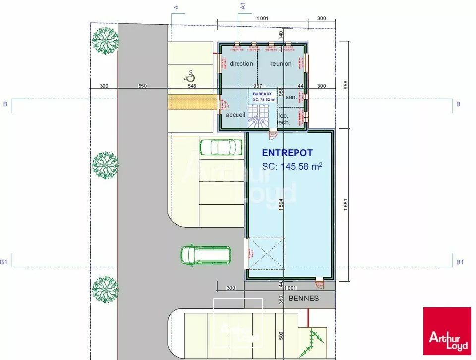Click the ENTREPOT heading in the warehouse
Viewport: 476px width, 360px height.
click(x=287, y=153)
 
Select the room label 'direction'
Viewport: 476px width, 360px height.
click(x=241, y=64)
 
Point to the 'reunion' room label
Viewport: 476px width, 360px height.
click(x=281, y=64)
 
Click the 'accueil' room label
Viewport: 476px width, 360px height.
click(x=236, y=115)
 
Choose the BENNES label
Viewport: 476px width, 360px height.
click(x=303, y=299)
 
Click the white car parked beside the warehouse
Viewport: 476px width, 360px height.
click(x=218, y=147)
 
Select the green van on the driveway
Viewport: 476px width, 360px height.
click(x=205, y=254)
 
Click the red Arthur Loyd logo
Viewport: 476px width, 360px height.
click(x=447, y=331)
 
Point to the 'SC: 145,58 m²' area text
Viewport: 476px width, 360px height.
click(x=292, y=167)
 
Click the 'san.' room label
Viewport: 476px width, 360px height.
click(x=291, y=97)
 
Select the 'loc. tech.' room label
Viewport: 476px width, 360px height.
click(x=283, y=119)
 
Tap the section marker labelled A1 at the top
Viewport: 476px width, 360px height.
click(x=243, y=6)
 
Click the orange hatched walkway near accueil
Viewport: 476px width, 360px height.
click(x=192, y=103)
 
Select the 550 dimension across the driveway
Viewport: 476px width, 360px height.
click(x=143, y=86)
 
